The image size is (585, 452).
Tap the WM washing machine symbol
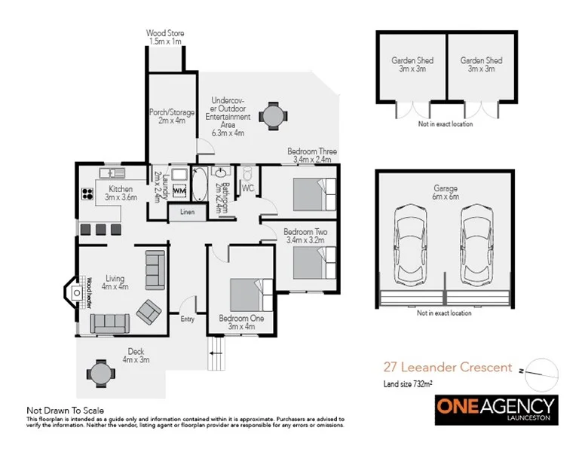[x=179, y=191]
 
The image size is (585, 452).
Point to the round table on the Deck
[x=100, y=371]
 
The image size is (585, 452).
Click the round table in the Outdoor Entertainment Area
[x=272, y=115]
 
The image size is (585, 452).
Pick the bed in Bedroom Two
[x=309, y=264]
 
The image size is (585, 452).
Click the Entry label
[x=187, y=319]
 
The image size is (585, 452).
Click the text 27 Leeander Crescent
[x=446, y=368]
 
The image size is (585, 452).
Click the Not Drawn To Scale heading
[x=63, y=410]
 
